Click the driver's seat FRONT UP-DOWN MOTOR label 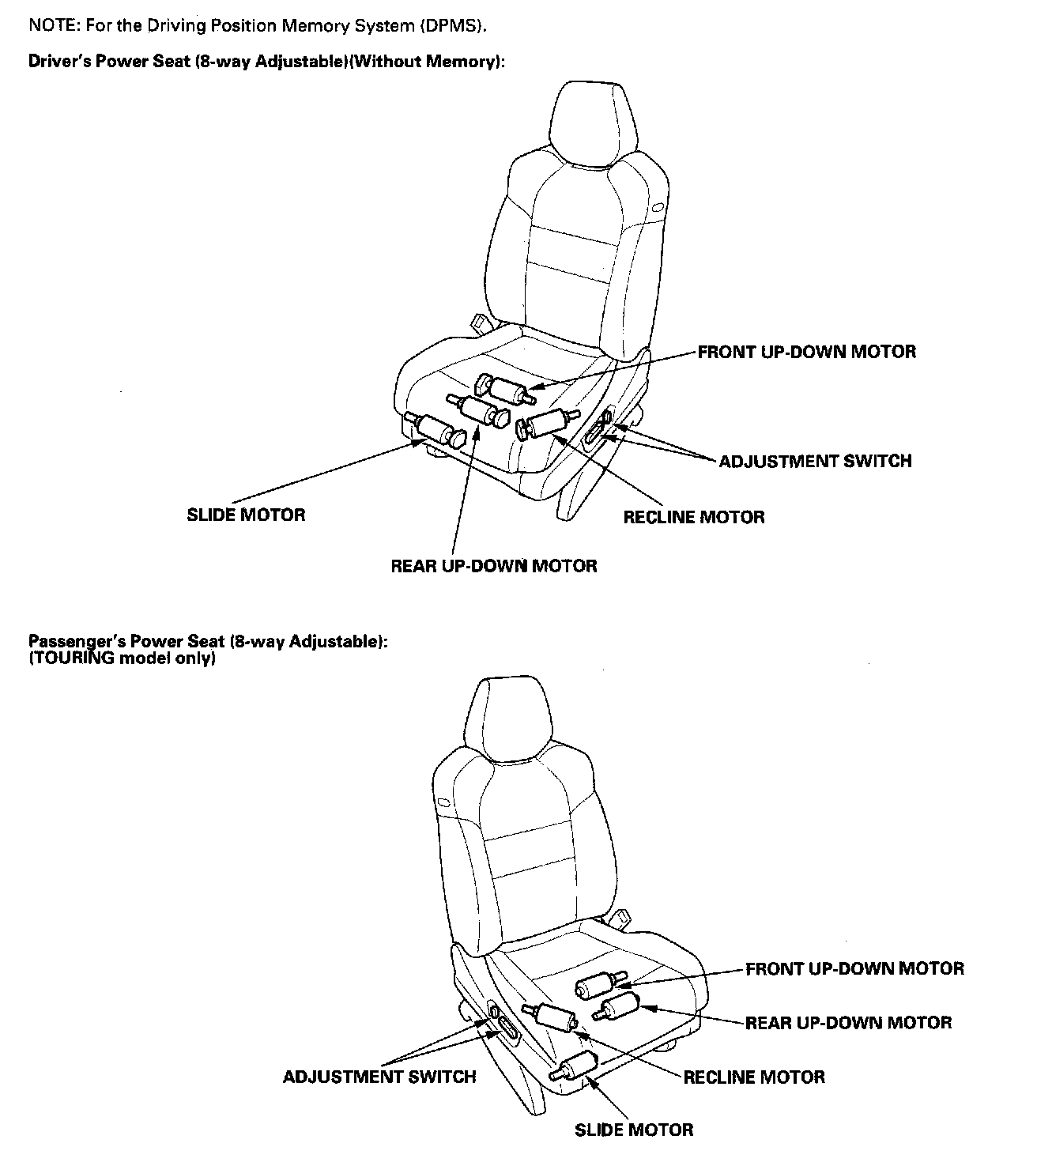pyautogui.click(x=806, y=353)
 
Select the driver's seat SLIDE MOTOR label pyautogui.click(x=246, y=515)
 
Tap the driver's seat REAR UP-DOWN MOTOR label pyautogui.click(x=494, y=566)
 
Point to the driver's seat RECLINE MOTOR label pyautogui.click(x=694, y=518)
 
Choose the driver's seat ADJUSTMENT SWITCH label pyautogui.click(x=815, y=461)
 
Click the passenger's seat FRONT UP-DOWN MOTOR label pyautogui.click(x=854, y=968)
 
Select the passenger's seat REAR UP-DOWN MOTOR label pyautogui.click(x=848, y=1023)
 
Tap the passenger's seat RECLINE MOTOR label pyautogui.click(x=754, y=1077)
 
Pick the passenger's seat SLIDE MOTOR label pyautogui.click(x=634, y=1130)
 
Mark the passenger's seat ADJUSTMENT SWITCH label pyautogui.click(x=379, y=1077)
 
